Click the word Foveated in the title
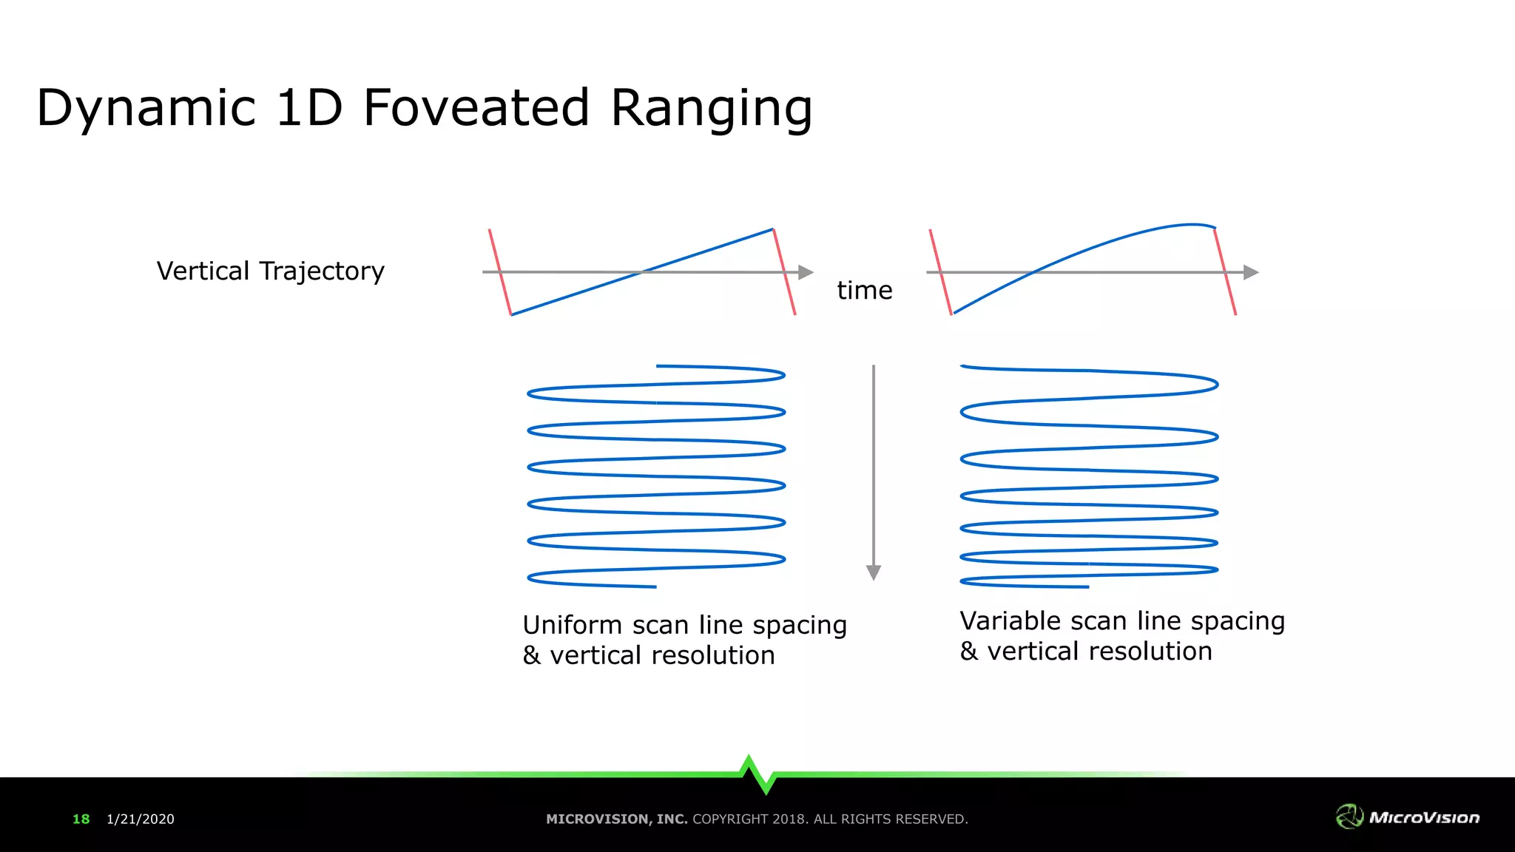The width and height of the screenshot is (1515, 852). [x=476, y=108]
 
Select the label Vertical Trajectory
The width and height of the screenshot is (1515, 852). [x=270, y=271]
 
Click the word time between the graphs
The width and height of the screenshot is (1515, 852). [x=864, y=290]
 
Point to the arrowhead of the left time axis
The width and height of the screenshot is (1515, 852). [x=806, y=272]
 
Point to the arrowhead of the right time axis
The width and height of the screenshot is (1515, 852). [x=1250, y=272]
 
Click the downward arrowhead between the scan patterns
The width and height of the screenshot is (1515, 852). [x=874, y=572]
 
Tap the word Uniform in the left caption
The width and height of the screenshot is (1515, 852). [x=573, y=625]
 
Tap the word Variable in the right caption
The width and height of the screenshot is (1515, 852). [x=1010, y=621]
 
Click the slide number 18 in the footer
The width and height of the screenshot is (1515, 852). [x=81, y=819]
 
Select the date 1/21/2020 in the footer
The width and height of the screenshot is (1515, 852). [x=141, y=819]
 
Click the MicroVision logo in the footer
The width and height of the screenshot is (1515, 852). [x=1408, y=816]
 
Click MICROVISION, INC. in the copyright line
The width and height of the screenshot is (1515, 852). [x=616, y=819]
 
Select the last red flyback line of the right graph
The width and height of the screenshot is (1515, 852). [x=1226, y=272]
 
